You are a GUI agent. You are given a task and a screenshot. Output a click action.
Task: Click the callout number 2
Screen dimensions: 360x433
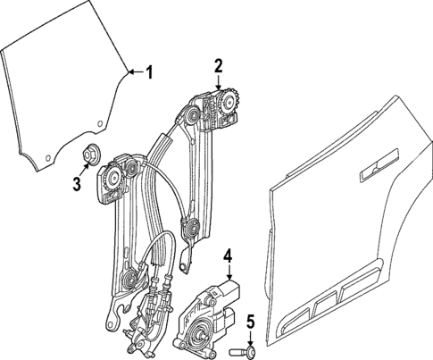pos(218,64)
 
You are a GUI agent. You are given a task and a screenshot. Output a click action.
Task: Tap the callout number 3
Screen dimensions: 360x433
pos(77,184)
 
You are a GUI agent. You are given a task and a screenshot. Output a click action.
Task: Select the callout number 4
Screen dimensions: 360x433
pos(228,256)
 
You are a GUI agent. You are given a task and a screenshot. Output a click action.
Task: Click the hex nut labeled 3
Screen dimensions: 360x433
pos(91,153)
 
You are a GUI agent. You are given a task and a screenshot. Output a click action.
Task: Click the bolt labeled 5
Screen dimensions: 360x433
pos(241,352)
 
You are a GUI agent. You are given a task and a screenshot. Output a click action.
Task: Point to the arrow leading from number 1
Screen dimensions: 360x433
pos(134,71)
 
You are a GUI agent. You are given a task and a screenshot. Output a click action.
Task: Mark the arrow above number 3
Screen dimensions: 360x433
pos(83,167)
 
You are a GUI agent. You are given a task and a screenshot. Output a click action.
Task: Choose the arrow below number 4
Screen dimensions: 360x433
pos(228,272)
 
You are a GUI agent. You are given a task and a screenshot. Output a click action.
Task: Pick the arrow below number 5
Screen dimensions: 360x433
pos(251,337)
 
